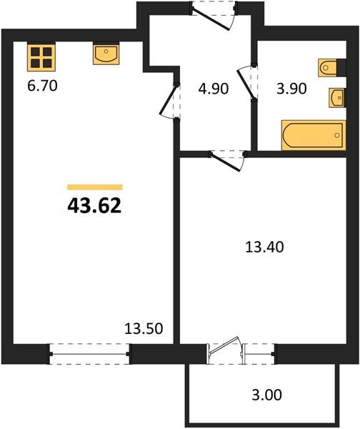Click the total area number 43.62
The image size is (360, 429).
pyautogui.click(x=94, y=206)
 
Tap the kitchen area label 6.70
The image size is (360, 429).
pyautogui.click(x=42, y=86)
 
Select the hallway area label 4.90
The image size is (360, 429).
pyautogui.click(x=213, y=89)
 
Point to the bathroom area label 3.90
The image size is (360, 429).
pyautogui.click(x=291, y=89)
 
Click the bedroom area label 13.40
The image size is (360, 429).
pyautogui.click(x=264, y=247)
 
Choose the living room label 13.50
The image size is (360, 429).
pyautogui.click(x=144, y=328)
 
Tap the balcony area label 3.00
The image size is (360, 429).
pyautogui.click(x=266, y=395)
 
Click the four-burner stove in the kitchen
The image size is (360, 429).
pyautogui.click(x=41, y=56)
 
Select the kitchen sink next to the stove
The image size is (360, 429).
pyautogui.click(x=106, y=54)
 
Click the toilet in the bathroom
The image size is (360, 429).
pyautogui.click(x=332, y=67)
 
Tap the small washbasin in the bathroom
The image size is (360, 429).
pyautogui.click(x=337, y=98)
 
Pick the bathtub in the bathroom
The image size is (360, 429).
pyautogui.click(x=314, y=135)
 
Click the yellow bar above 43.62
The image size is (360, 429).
pyautogui.click(x=95, y=187)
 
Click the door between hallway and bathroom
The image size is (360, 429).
pyautogui.click(x=247, y=83)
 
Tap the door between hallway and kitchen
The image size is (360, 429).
pyautogui.click(x=169, y=101)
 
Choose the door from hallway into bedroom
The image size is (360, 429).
pyautogui.click(x=227, y=161)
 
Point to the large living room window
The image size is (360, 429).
pyautogui.click(x=89, y=354)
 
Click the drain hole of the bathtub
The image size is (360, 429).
pyautogui.click(x=336, y=135)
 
